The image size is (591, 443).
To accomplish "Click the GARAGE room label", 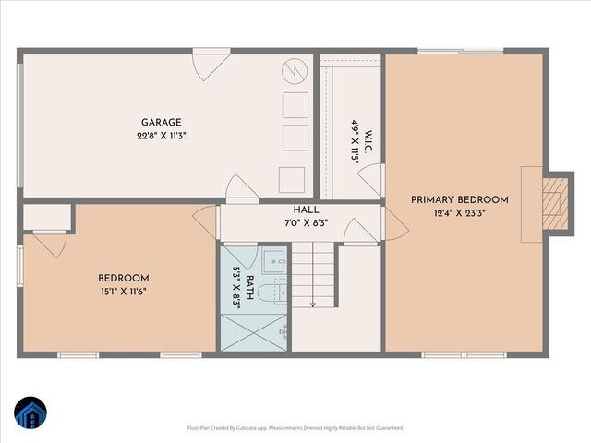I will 161,122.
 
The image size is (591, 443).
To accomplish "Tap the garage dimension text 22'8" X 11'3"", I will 161,136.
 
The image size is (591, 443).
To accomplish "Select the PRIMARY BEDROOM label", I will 460,199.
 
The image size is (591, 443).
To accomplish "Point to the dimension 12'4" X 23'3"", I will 460,213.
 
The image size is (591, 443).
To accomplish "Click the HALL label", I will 307,210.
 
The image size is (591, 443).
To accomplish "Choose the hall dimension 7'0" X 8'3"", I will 307,223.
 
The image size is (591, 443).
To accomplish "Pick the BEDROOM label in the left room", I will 124,278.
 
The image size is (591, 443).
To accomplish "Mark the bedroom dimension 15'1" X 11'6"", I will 124,292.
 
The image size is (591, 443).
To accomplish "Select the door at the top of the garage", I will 204,65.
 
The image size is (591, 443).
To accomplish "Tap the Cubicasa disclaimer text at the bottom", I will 295,428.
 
